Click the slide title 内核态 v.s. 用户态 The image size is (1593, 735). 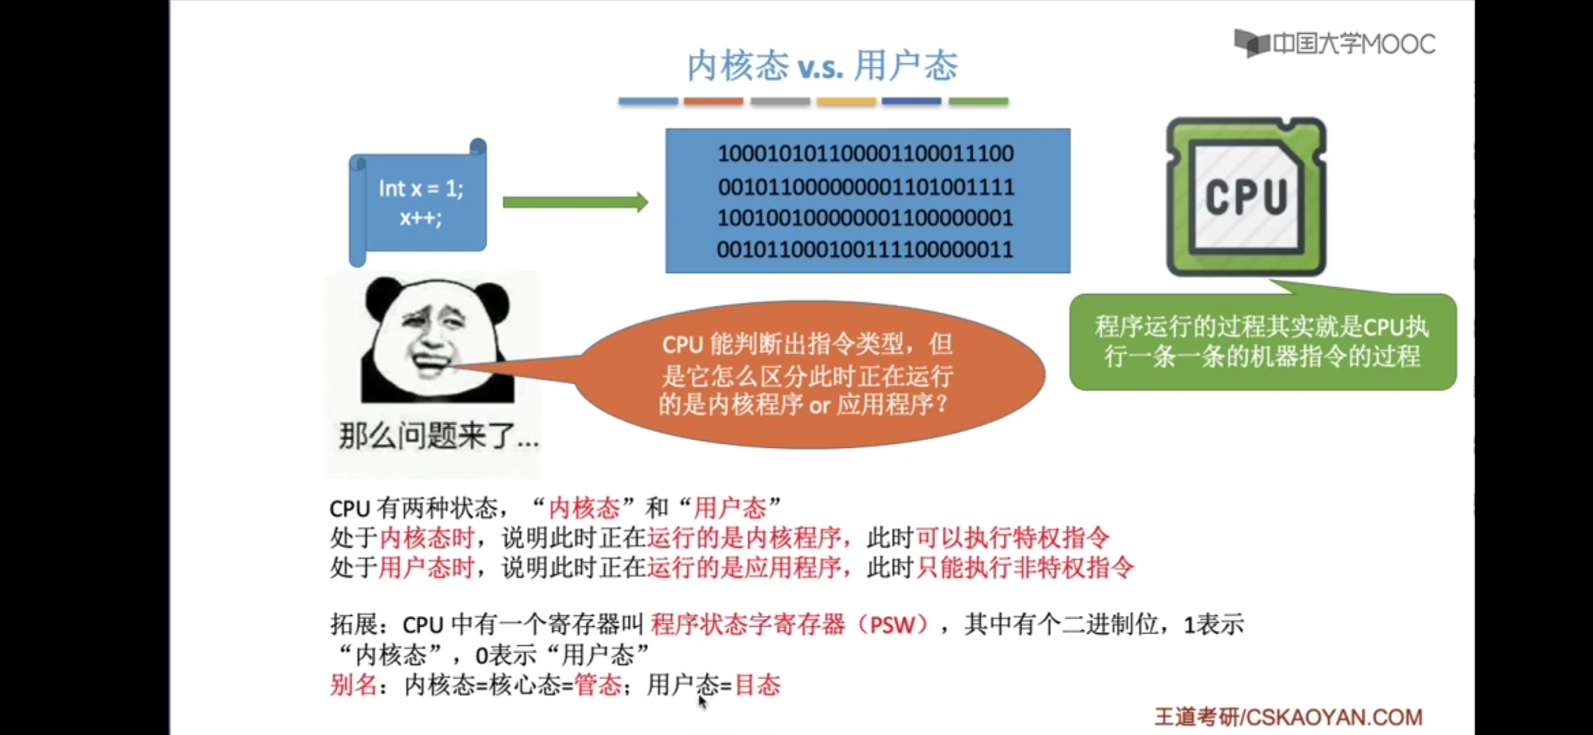pos(822,66)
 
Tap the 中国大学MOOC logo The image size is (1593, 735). pos(1334,44)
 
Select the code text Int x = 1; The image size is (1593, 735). pos(421,189)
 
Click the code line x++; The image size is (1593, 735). pos(421,218)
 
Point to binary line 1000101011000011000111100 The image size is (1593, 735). pos(865,154)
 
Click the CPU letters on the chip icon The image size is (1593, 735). pos(1246,198)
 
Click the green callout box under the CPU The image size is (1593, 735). pos(1263,342)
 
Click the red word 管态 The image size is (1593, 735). pos(598,685)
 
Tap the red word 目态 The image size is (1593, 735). pos(758,685)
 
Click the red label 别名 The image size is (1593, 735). pos(353,685)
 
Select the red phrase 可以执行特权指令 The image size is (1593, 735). pos(1012,538)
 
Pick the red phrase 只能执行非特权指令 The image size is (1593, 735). pos(1025,568)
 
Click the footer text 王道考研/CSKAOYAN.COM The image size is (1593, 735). pos(1288,717)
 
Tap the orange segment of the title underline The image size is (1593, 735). pos(713,101)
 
